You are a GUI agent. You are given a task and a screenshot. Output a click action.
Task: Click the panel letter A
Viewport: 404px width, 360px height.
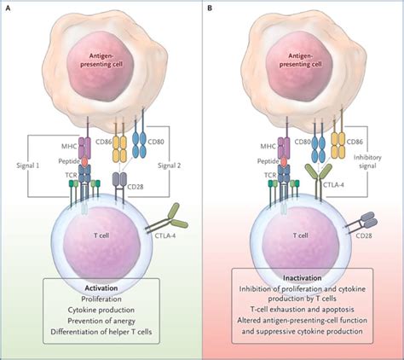pos(8,7)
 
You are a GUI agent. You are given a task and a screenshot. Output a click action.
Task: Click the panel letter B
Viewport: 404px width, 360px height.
pos(210,7)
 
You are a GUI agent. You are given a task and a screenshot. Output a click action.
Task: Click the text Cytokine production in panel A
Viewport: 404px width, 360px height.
pos(101,313)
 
